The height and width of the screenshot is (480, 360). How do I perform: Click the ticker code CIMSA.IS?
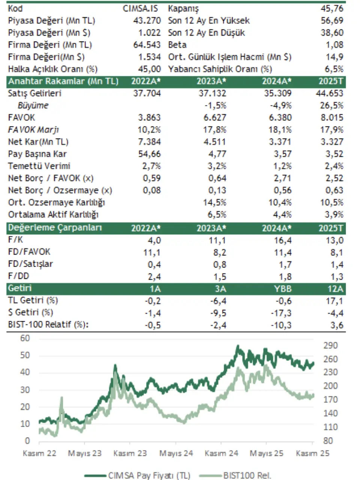pos(141,8)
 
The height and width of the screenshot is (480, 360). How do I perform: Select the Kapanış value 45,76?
pos(332,8)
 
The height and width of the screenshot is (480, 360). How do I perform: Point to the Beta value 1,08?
pos(334,45)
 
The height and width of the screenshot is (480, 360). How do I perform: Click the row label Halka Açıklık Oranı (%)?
pos(52,69)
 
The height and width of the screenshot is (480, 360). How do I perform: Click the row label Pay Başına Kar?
pos(37,154)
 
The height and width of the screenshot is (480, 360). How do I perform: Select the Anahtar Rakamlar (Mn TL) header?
pos(63,81)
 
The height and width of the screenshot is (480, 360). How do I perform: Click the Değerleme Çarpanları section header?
pos(55,228)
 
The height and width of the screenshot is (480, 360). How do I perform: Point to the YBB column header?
pos(282,289)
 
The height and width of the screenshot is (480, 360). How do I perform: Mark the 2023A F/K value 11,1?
pos(218,240)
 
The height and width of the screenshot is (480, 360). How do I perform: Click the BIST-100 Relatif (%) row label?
pos(48,325)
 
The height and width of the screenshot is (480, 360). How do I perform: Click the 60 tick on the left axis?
pos(25,338)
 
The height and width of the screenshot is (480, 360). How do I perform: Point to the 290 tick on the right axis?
pos(330,345)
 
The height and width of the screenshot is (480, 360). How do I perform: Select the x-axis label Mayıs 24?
pos(176,453)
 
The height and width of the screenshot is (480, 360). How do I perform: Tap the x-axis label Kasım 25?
pos(312,453)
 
